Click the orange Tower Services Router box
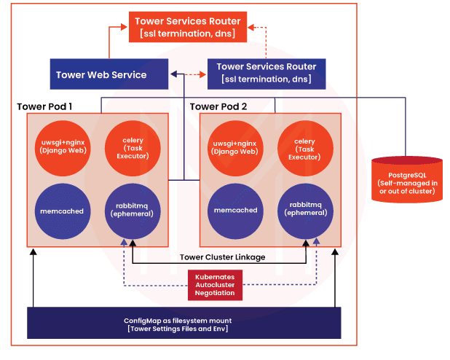[188, 27]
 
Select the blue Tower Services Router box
[266, 74]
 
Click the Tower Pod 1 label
[44, 107]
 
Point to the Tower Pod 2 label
[218, 107]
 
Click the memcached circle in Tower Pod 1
[63, 210]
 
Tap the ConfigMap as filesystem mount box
[183, 323]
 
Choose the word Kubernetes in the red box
[215, 278]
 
